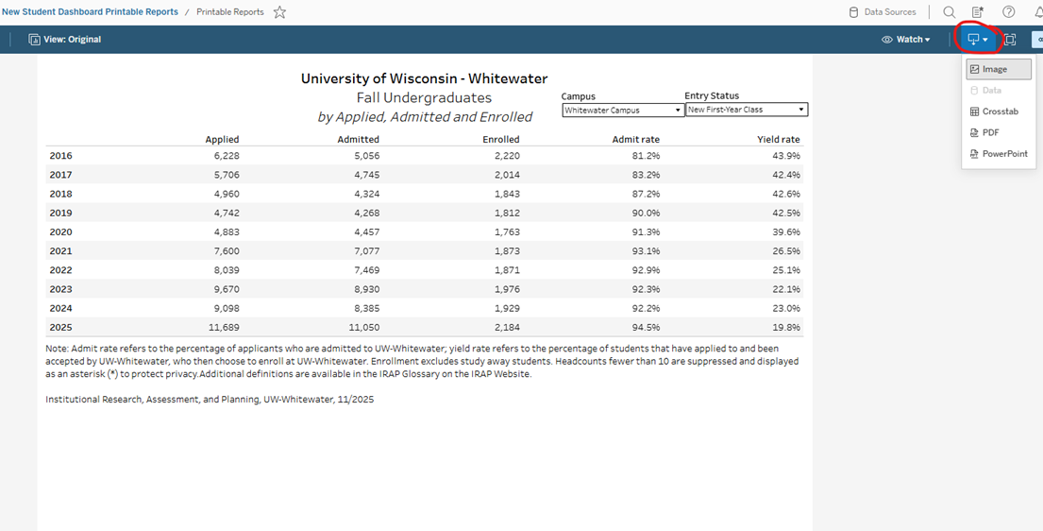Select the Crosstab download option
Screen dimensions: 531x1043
tap(1000, 111)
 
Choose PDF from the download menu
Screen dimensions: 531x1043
tap(990, 132)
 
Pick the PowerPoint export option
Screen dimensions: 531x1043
tap(1004, 153)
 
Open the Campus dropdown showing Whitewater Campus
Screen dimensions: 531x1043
tap(623, 110)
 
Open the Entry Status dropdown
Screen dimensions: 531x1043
tap(746, 110)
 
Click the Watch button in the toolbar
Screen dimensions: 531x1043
tap(906, 40)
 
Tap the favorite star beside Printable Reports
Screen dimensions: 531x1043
tap(279, 12)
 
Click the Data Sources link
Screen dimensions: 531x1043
tap(883, 12)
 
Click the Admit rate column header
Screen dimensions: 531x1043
tap(635, 139)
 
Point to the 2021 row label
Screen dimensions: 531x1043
tap(60, 251)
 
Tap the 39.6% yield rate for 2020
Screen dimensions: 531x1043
tap(785, 231)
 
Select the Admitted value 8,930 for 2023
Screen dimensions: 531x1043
tap(361, 289)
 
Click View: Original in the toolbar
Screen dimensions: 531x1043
tap(65, 40)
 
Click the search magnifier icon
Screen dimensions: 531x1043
tap(949, 12)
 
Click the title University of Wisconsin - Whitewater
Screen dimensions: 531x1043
tap(424, 78)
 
